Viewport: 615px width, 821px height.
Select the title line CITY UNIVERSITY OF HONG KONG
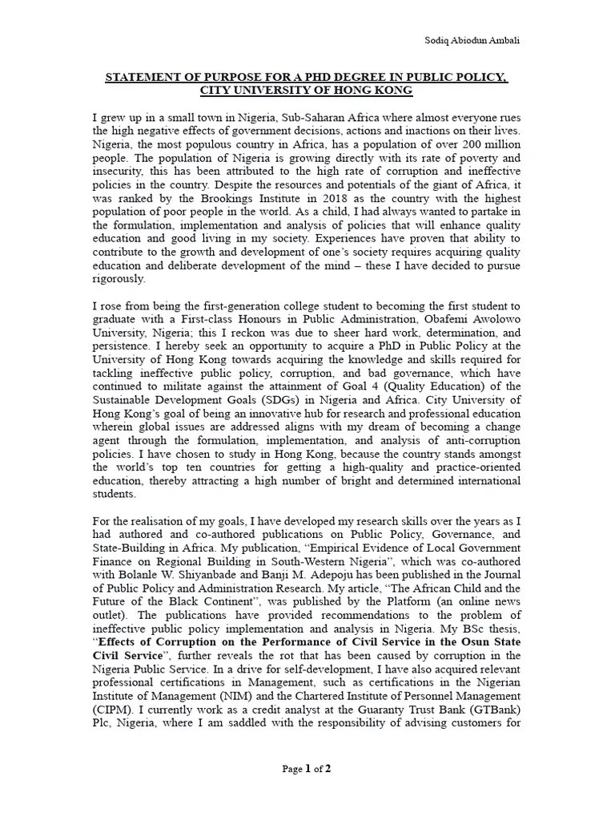(307, 91)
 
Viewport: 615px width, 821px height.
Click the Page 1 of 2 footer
(307, 769)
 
